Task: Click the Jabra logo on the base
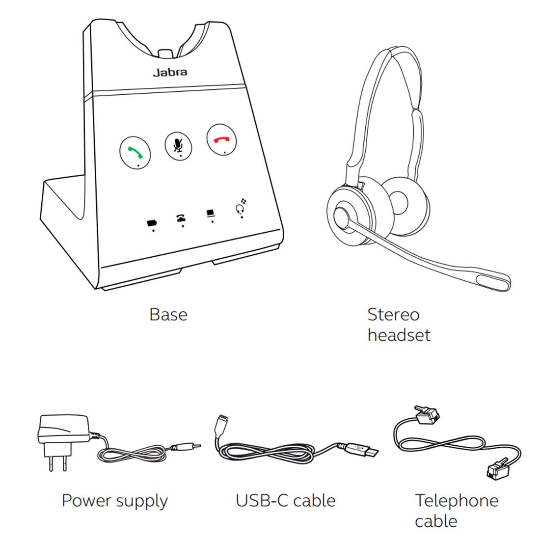pos(169,72)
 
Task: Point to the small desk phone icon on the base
pos(181,218)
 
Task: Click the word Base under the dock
pos(168,314)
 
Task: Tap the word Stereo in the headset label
pos(393,314)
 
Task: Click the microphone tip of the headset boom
pos(496,282)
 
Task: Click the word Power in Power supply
pos(86,501)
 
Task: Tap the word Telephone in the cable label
pos(457,501)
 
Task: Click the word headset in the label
pos(399,335)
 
